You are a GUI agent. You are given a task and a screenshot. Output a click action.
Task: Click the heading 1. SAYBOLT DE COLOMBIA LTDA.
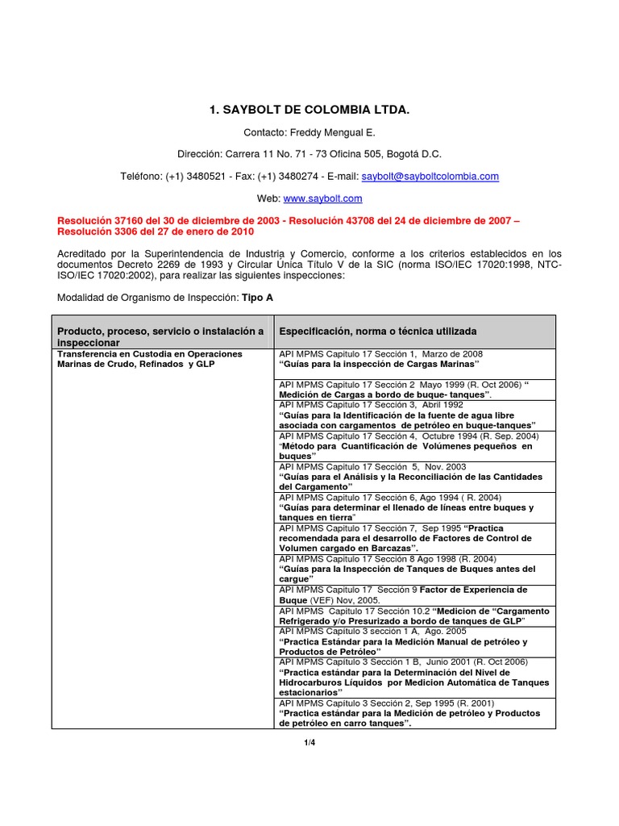point(309,108)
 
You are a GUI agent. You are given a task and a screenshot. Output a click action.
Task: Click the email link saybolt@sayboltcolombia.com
point(430,176)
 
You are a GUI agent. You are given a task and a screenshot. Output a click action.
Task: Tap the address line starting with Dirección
point(309,153)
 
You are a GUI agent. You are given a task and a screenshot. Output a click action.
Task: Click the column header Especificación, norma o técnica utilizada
point(377,331)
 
